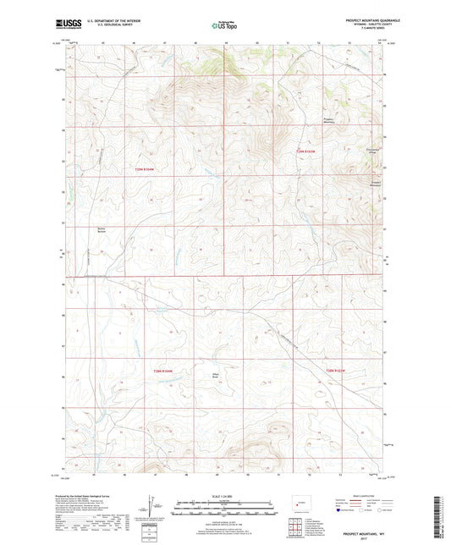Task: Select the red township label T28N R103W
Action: click(336, 370)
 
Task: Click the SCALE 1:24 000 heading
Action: click(224, 497)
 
